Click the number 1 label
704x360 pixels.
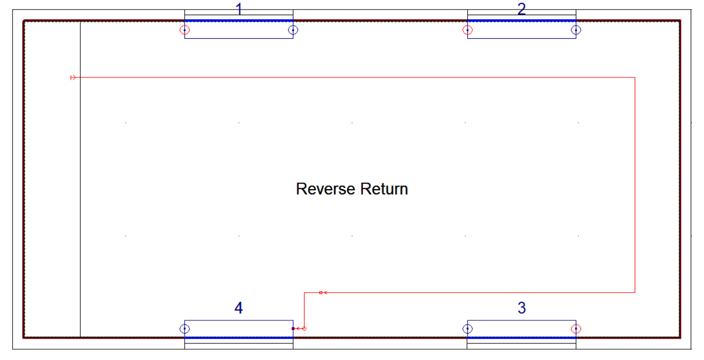[239, 9]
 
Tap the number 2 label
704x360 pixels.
[522, 9]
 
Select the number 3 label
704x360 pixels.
[522, 308]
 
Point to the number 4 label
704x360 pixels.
[239, 308]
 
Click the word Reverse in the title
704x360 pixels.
[326, 189]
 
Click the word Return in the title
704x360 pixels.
[384, 189]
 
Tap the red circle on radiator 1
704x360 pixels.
[184, 30]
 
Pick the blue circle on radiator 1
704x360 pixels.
[293, 30]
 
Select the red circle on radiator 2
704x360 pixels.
[467, 30]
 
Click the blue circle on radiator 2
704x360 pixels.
[576, 30]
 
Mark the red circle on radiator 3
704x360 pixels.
[576, 329]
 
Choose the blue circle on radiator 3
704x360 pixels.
[467, 329]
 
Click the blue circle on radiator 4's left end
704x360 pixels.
[184, 329]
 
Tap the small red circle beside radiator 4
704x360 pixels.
[304, 328]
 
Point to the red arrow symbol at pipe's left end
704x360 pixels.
[73, 77]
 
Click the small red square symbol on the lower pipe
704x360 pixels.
[321, 293]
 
